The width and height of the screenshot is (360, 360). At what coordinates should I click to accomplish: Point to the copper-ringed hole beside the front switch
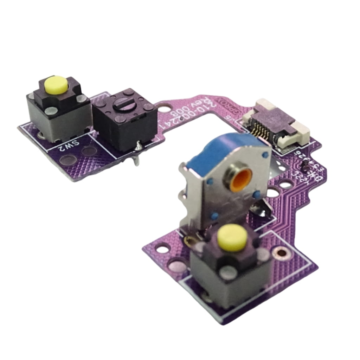[x=282, y=252]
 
